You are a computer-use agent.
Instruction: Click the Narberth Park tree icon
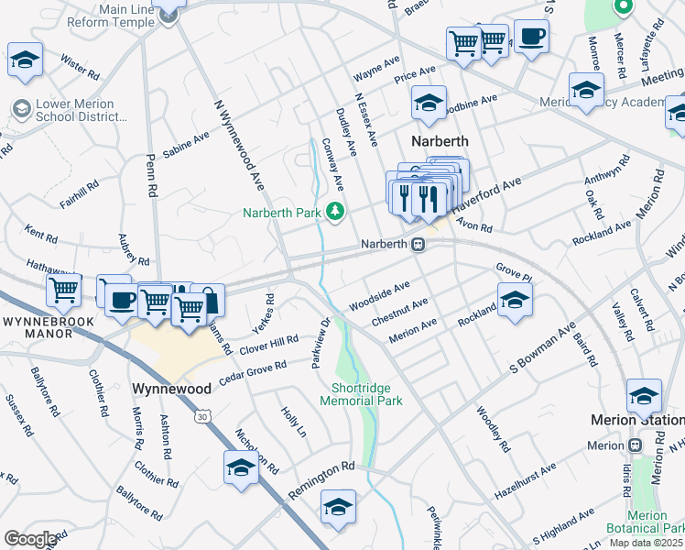pos(335,213)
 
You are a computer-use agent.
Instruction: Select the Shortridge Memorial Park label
pos(362,394)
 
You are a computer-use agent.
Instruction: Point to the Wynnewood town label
pos(172,389)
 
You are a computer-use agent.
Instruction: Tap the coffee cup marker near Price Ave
pos(531,38)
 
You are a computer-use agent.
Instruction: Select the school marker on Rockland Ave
pos(515,300)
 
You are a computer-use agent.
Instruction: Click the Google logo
pos(30,538)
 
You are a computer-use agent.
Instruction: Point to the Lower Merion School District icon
pos(20,110)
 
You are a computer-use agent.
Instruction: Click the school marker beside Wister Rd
pos(25,60)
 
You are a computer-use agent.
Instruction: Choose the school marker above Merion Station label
pos(644,396)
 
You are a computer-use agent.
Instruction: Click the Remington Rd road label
pos(321,478)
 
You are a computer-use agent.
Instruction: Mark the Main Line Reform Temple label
pos(127,15)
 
